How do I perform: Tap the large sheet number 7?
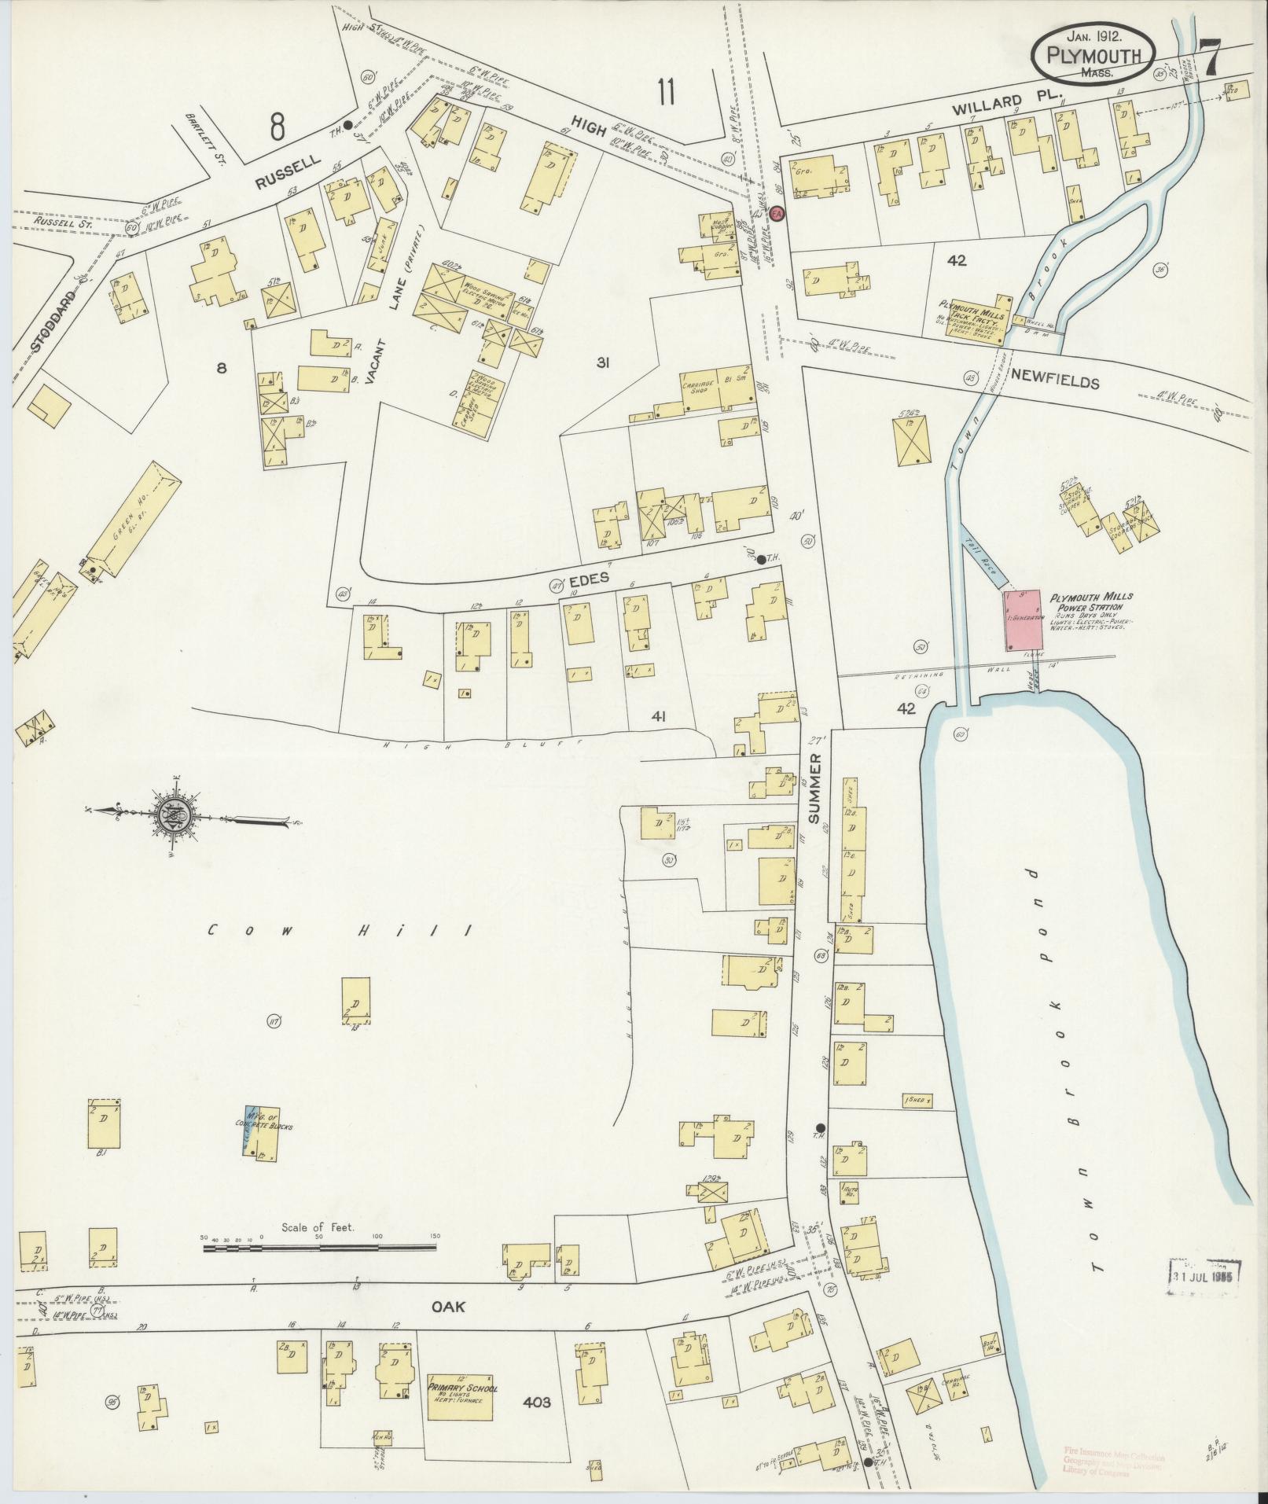[1210, 57]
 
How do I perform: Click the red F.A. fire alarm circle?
[777, 214]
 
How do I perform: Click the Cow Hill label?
[340, 931]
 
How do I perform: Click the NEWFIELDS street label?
[1054, 382]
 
